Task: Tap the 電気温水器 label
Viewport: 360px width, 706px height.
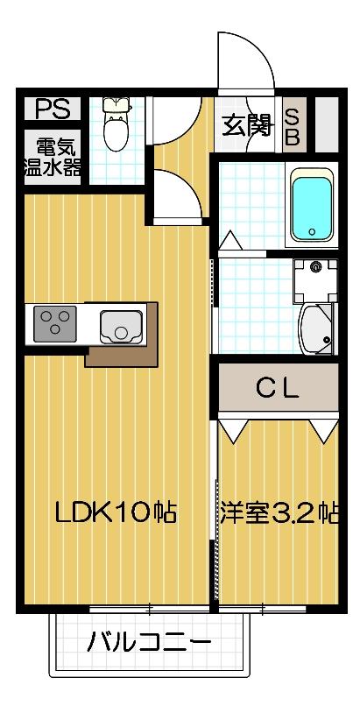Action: [x=53, y=156]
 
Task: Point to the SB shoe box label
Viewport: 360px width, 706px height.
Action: [x=293, y=126]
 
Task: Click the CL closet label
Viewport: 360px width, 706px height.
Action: [x=277, y=386]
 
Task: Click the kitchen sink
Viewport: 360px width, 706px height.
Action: [x=120, y=325]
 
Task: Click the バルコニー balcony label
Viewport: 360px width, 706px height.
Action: [x=149, y=644]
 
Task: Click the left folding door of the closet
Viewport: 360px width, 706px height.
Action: [x=234, y=429]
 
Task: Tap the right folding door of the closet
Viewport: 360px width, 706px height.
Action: [x=322, y=429]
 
